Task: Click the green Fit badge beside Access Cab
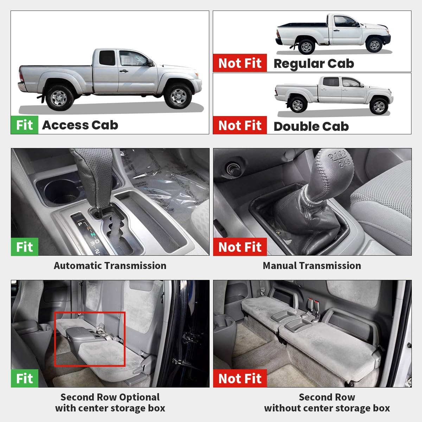click(24, 125)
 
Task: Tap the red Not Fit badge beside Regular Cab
click(240, 63)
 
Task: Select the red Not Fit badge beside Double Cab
click(240, 125)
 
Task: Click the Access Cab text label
click(80, 125)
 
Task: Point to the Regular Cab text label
click(314, 64)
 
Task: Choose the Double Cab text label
click(311, 126)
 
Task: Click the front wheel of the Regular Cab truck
click(375, 45)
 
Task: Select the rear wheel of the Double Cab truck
click(297, 104)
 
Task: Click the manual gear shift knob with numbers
click(333, 165)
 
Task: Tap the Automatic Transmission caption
click(110, 266)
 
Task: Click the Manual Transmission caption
click(312, 266)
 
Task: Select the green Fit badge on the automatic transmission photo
click(24, 247)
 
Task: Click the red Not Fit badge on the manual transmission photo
click(240, 247)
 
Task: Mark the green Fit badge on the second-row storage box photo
click(24, 378)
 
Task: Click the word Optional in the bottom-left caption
click(140, 397)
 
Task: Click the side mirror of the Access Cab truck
click(150, 63)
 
